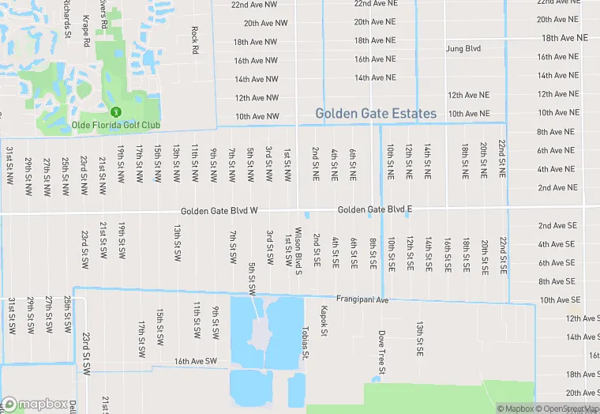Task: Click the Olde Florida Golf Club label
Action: (x=116, y=126)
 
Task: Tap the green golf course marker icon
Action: (x=115, y=113)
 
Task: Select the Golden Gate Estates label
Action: (x=376, y=114)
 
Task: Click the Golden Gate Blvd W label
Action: (x=219, y=211)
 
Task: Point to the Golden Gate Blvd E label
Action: (x=375, y=210)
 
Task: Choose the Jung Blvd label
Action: (x=463, y=49)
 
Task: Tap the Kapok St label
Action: (x=323, y=322)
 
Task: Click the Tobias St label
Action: (x=305, y=341)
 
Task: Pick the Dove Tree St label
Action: (x=381, y=352)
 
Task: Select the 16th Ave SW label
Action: (x=195, y=361)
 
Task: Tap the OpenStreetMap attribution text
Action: (x=567, y=408)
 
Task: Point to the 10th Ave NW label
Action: (x=257, y=117)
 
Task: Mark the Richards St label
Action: (x=68, y=18)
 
